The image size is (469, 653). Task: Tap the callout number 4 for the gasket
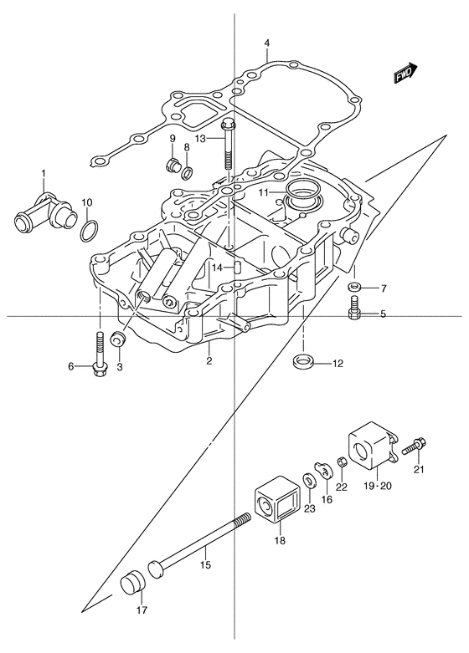[267, 43]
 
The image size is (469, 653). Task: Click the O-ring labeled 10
[90, 231]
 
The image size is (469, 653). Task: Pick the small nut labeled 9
[172, 165]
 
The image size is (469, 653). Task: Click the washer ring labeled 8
[188, 172]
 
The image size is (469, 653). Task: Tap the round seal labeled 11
[302, 194]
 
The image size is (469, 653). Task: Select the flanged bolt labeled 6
[100, 354]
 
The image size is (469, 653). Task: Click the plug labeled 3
[117, 338]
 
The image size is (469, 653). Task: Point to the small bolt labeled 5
[354, 308]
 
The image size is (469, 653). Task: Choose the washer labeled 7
[354, 287]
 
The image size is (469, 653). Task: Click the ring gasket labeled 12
[302, 361]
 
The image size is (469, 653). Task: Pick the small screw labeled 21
[414, 446]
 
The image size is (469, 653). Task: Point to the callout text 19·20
[377, 486]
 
